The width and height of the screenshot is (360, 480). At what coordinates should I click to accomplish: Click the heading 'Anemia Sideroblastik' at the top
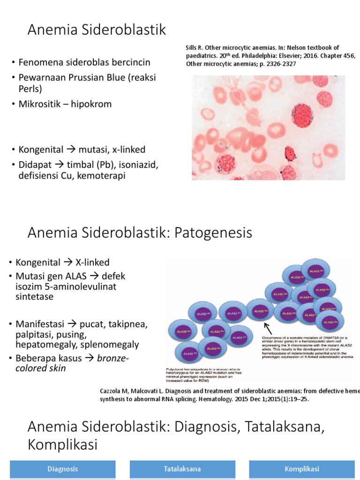point(97,30)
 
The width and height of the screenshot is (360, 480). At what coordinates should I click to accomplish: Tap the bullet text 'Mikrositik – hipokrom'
point(65,104)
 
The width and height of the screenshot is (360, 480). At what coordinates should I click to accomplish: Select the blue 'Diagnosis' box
point(62,469)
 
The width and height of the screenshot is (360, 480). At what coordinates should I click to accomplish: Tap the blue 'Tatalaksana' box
point(182,469)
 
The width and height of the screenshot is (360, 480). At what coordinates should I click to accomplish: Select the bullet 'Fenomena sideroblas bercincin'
point(84,62)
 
